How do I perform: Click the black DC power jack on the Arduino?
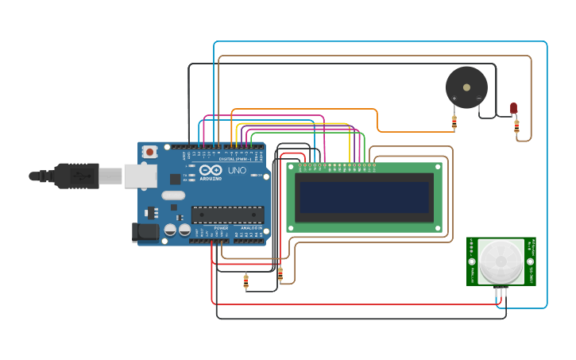click(x=144, y=232)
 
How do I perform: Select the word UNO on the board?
click(x=237, y=171)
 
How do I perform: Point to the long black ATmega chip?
click(x=227, y=215)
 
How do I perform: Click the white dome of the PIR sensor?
click(x=501, y=261)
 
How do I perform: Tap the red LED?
click(x=513, y=107)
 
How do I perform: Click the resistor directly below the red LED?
click(x=516, y=126)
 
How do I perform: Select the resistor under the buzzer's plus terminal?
click(x=454, y=122)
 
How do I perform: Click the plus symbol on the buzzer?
click(x=454, y=99)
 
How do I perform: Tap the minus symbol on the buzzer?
click(x=478, y=99)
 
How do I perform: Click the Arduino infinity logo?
click(x=211, y=171)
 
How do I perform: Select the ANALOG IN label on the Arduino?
click(x=251, y=228)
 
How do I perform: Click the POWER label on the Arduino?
click(x=221, y=228)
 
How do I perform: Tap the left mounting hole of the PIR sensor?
click(x=472, y=261)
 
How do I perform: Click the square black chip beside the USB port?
click(x=175, y=180)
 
